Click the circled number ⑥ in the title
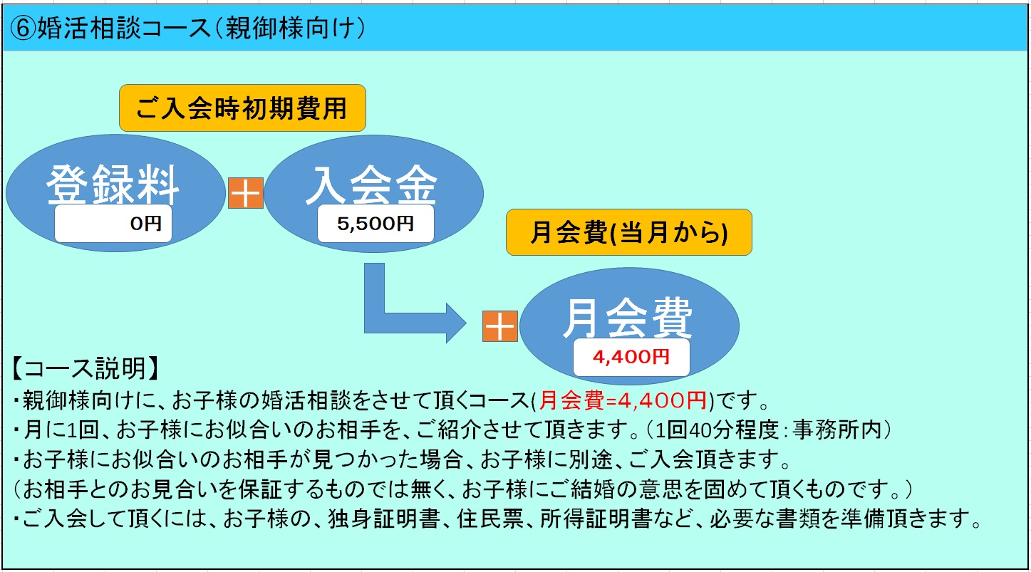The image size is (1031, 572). [x=23, y=28]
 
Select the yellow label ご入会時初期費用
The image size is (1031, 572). [x=242, y=108]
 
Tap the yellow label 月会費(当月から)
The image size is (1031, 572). [x=628, y=232]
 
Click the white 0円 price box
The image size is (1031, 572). [x=113, y=224]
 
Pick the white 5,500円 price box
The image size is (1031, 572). [x=375, y=224]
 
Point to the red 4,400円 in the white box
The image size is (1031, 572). [x=631, y=357]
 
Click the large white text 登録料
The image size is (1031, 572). [x=113, y=184]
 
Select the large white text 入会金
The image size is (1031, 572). [x=371, y=184]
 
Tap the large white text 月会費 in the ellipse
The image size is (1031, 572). [x=628, y=318]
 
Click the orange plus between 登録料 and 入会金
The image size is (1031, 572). [x=246, y=193]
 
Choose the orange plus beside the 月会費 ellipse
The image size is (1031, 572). [x=500, y=326]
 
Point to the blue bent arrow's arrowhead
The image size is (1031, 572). [x=456, y=323]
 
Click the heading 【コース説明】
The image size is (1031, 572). [x=85, y=368]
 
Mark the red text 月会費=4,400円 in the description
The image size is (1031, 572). [x=623, y=400]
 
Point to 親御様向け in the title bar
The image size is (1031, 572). [x=289, y=28]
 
